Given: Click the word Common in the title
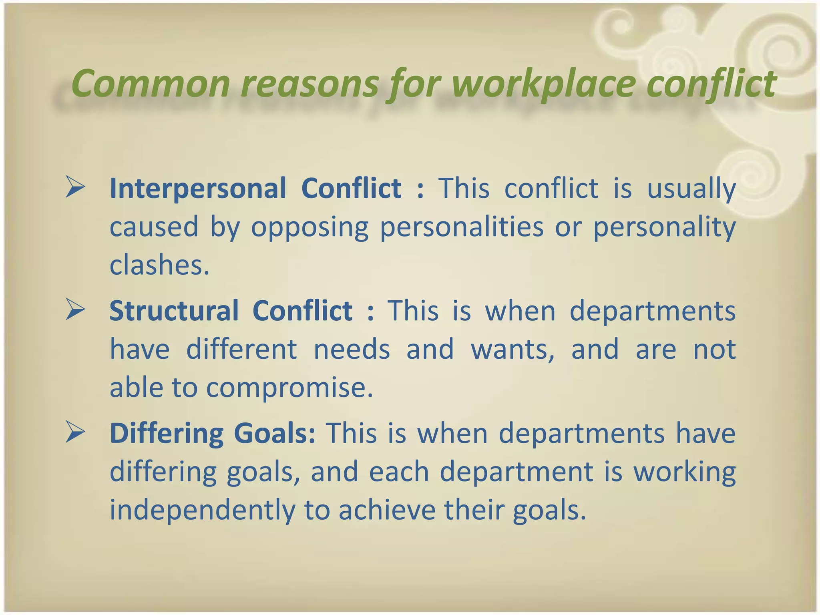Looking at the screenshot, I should [150, 83].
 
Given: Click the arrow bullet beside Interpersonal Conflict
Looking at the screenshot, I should [75, 188].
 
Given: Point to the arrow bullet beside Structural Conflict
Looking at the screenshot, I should [75, 310].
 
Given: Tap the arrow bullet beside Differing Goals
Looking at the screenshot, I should [75, 433].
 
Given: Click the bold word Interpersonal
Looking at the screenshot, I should [198, 189].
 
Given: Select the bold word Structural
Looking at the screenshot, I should [174, 311].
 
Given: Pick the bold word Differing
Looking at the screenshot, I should [167, 434].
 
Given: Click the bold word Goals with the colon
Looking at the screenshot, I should [275, 434].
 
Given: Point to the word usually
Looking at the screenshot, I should [691, 189].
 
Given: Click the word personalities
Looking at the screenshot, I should [462, 227].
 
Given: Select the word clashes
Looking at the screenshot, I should [159, 265].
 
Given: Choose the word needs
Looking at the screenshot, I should [352, 349].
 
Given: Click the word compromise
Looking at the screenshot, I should [289, 388].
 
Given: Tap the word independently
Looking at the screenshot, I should [202, 510].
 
